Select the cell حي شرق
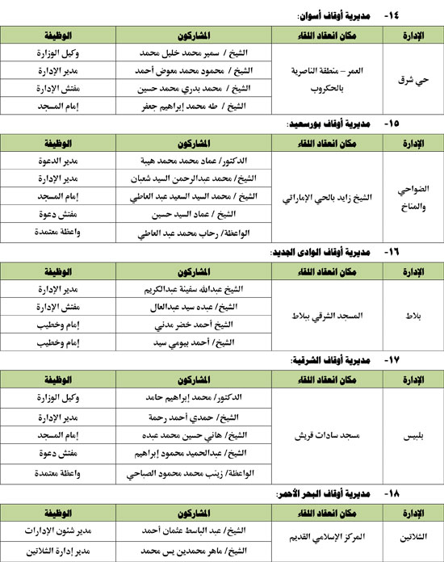pos(411,80)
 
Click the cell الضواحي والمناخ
pos(411,196)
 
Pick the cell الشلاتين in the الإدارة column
pos(411,535)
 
